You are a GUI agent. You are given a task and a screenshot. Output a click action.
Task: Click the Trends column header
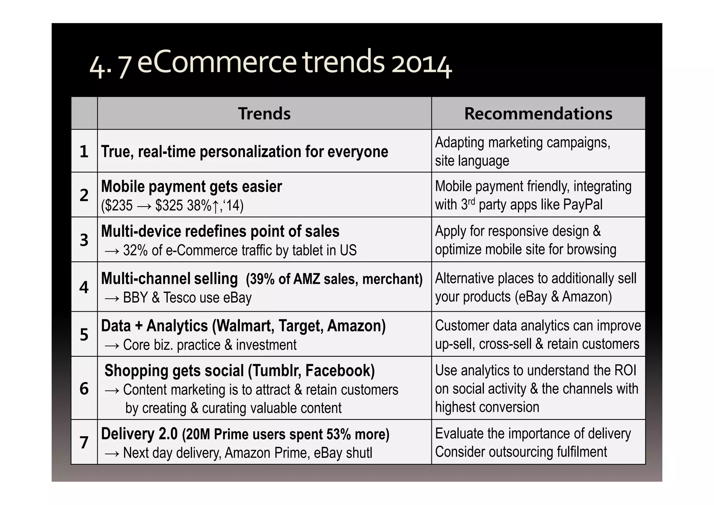[264, 114]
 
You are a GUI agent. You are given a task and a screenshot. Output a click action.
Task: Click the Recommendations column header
[538, 114]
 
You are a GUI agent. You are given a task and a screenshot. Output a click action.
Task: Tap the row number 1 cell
[84, 151]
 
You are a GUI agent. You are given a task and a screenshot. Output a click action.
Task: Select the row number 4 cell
[84, 287]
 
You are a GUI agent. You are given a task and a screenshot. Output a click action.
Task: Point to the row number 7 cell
[84, 442]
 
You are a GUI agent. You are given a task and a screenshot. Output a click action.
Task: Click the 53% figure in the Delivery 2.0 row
[339, 435]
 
